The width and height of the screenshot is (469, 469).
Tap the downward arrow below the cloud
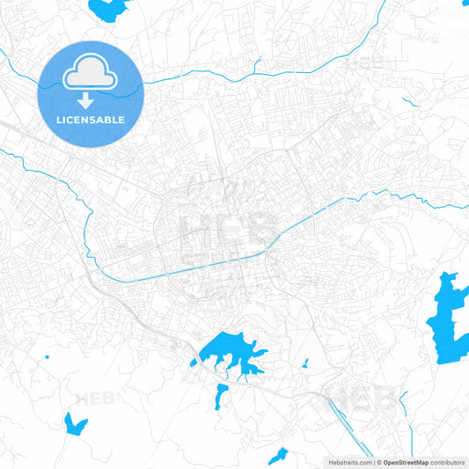[90, 100]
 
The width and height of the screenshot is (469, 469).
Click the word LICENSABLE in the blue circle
[90, 120]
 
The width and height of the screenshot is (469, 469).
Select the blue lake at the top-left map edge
[108, 9]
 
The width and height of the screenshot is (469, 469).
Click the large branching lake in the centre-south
[231, 352]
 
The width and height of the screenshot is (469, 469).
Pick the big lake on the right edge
[449, 317]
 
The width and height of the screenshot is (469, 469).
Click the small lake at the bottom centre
[278, 455]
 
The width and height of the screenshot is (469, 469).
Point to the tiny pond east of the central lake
[304, 363]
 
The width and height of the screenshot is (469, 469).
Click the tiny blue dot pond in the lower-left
[46, 357]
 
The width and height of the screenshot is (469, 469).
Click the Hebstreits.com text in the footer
[349, 462]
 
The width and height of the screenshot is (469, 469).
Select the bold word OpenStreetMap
[405, 462]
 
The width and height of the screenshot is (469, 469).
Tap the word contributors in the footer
[448, 462]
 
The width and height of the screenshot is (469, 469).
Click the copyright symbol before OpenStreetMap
[377, 462]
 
